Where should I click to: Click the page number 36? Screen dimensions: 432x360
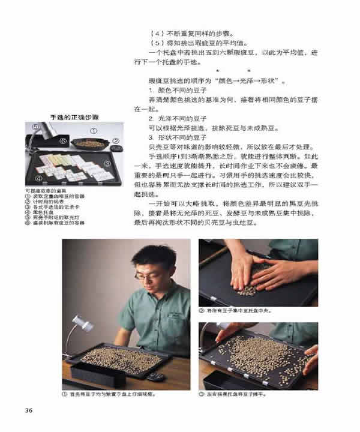click(x=28, y=410)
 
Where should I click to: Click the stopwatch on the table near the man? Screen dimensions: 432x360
click(x=158, y=376)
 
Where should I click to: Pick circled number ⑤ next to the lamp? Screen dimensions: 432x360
click(x=34, y=127)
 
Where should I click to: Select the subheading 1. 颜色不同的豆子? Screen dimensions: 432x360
click(x=165, y=90)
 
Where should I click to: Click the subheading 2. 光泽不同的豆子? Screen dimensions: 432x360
click(x=165, y=119)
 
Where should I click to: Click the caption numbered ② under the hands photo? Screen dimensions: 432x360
click(x=236, y=311)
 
